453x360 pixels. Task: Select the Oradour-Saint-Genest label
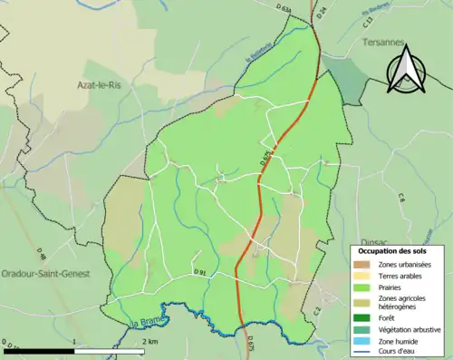coord(44,273)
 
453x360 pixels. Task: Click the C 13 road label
coord(368,17)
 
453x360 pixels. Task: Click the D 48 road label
coord(43,234)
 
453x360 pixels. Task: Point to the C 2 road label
coord(317,311)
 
